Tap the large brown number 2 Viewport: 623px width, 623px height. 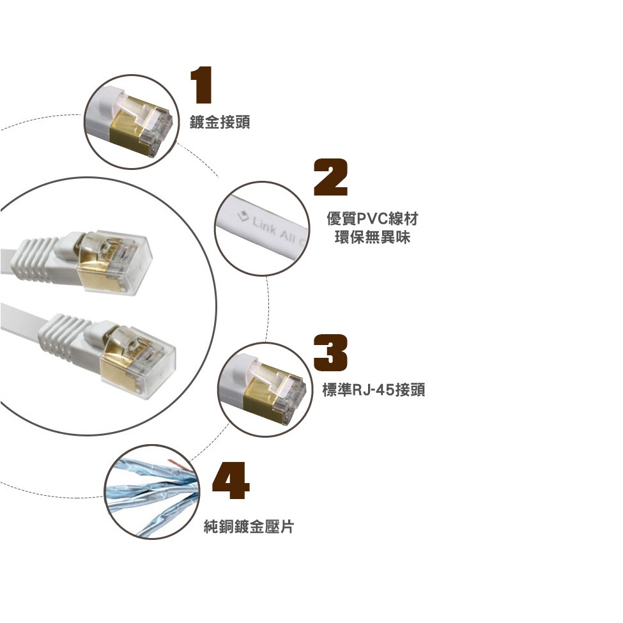[x=330, y=177]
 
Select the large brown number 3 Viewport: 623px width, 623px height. [x=330, y=353]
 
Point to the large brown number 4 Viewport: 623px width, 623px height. [x=231, y=481]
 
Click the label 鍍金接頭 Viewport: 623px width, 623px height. [x=220, y=121]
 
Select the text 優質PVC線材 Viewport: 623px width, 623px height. [x=373, y=219]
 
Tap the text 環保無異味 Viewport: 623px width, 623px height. [x=373, y=237]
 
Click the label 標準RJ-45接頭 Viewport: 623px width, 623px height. [x=374, y=390]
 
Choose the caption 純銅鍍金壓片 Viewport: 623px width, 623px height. [x=249, y=526]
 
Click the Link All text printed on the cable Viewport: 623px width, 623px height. [x=278, y=231]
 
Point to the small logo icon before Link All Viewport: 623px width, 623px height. [x=243, y=216]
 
